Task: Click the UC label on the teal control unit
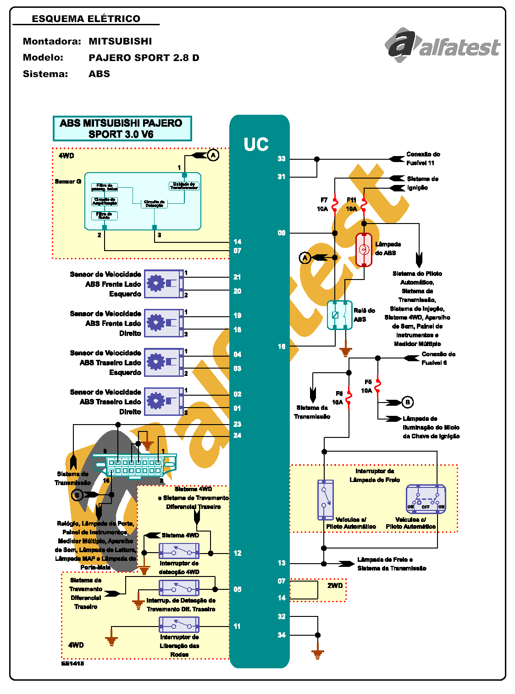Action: point(256,145)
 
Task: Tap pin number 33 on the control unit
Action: point(282,159)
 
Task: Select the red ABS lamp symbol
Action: point(364,250)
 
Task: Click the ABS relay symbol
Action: point(340,315)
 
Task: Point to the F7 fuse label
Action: point(324,200)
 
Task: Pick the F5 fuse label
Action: point(368,382)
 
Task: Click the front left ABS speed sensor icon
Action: point(164,284)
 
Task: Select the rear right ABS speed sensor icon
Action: point(164,402)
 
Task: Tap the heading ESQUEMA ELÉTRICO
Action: point(86,19)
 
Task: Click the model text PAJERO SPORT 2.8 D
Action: point(144,58)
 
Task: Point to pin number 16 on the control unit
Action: point(282,347)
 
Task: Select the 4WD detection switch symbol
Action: point(179,550)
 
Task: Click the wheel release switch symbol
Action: point(179,625)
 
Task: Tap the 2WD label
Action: point(335,586)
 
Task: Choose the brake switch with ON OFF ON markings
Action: point(426,499)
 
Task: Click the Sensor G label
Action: point(68,181)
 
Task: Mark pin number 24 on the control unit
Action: point(237,436)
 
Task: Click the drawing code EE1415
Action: point(73,663)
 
